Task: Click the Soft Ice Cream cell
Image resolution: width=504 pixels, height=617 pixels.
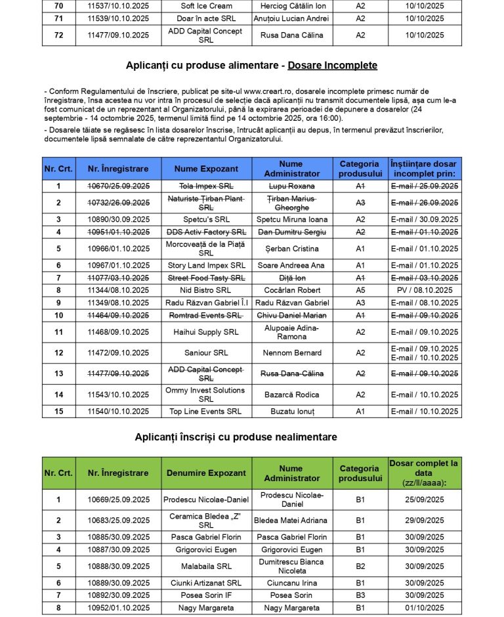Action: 206,6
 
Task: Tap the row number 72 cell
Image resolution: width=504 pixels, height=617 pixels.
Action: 59,35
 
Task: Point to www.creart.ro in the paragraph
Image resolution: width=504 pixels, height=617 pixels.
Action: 267,91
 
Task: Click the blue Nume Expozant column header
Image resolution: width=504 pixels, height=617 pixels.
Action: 206,169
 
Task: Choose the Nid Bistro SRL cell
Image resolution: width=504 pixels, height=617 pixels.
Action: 206,290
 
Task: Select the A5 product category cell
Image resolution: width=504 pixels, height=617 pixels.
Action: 360,290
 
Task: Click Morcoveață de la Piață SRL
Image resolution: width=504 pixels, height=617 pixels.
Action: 206,249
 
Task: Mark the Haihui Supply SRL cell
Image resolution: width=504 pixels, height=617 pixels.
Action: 206,332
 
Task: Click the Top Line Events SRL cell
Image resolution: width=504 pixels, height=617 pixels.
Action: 206,412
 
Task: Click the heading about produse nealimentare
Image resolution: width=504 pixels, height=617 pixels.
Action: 236,437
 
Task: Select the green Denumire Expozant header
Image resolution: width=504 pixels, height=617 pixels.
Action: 206,473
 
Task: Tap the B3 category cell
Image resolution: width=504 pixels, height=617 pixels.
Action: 360,595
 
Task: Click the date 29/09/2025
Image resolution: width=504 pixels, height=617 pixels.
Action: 425,521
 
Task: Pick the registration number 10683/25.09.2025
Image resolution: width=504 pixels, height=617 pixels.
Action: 118,521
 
